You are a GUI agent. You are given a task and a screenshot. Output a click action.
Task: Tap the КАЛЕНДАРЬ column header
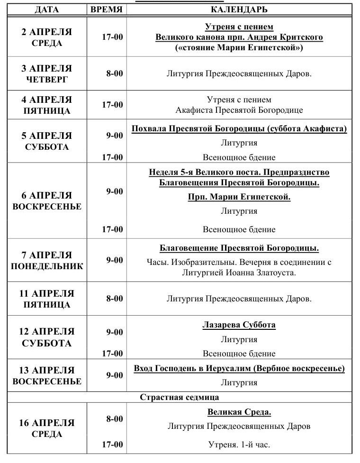point(239,9)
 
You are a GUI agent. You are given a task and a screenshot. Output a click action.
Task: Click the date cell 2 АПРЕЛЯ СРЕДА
point(47,37)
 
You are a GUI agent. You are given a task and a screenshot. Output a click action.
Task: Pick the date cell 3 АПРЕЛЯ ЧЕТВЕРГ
point(47,74)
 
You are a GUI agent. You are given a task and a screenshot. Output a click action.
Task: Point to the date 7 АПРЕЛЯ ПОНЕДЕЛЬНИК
point(47,261)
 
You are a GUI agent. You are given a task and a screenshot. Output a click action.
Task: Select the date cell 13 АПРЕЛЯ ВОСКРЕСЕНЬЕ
point(47,376)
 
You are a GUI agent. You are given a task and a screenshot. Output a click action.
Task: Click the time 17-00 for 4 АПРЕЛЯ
point(112,105)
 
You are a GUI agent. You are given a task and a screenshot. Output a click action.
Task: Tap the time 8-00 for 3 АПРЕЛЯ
point(114,73)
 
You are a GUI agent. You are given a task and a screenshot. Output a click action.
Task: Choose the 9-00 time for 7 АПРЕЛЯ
point(114,260)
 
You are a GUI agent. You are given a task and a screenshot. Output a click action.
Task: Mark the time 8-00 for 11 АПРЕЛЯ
point(114,299)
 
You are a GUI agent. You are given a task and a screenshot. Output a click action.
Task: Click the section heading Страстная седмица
point(180,397)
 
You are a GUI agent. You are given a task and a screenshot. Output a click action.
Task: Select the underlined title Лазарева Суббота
point(239,325)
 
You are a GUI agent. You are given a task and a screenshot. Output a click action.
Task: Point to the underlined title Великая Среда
point(239,412)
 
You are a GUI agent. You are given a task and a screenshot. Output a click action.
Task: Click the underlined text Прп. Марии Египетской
point(239,197)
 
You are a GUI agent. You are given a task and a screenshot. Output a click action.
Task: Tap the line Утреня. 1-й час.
point(239,445)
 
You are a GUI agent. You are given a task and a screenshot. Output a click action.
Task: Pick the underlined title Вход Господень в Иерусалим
point(239,369)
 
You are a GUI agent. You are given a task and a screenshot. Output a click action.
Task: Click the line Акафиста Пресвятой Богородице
point(239,110)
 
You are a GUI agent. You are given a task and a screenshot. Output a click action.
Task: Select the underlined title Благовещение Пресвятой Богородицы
point(239,248)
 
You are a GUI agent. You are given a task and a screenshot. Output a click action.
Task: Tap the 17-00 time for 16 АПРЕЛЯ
point(112,445)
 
